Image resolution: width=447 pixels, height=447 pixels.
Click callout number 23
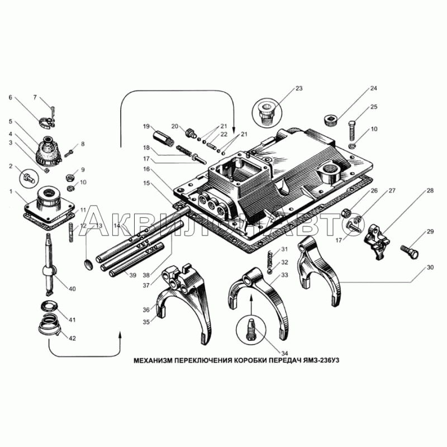coord(299,88)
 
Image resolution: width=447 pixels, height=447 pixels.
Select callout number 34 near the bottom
coord(284,354)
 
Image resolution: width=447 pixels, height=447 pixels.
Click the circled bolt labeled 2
coord(30,179)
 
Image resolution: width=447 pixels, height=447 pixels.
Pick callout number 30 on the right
coord(430,268)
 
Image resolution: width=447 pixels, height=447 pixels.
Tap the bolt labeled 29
coord(410,252)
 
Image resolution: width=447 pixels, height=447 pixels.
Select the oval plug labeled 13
coord(89,264)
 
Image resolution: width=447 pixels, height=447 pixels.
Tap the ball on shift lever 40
coord(49,270)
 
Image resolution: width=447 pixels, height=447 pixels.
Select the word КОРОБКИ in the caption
coord(250,360)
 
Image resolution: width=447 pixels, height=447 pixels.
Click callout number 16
coord(146,169)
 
